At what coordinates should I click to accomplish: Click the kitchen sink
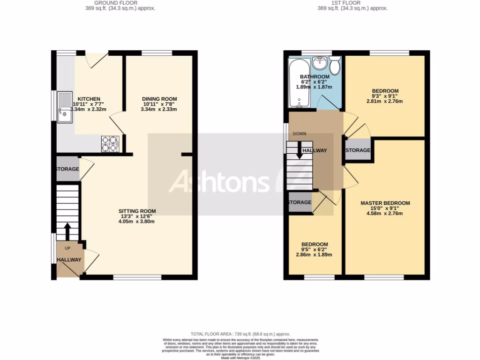[65, 106]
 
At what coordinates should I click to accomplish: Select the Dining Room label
[159, 99]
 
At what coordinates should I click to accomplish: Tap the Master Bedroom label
[385, 203]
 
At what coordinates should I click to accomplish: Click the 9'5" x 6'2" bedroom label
[314, 244]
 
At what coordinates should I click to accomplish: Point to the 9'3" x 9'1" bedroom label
[385, 91]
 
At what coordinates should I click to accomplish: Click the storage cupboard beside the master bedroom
[358, 150]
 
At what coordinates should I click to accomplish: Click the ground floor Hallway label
[69, 260]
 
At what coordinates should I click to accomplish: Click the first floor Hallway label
[315, 150]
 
